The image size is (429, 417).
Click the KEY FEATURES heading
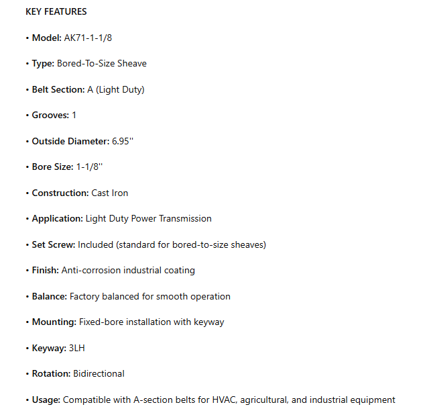click(56, 11)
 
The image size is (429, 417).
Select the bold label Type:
click(43, 63)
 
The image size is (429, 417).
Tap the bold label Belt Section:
click(58, 89)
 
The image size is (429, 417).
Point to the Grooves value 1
click(74, 115)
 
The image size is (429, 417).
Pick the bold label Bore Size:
click(52, 167)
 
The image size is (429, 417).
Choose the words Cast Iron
click(110, 193)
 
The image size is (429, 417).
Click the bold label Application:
click(58, 218)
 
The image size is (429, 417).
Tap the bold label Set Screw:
click(54, 244)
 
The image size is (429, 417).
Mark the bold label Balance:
click(50, 296)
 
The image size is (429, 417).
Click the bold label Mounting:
click(54, 322)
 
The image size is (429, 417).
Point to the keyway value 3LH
click(77, 348)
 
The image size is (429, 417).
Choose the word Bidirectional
click(99, 373)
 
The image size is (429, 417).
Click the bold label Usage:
click(46, 400)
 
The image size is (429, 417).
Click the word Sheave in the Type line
click(133, 63)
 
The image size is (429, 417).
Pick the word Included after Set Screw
click(95, 244)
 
